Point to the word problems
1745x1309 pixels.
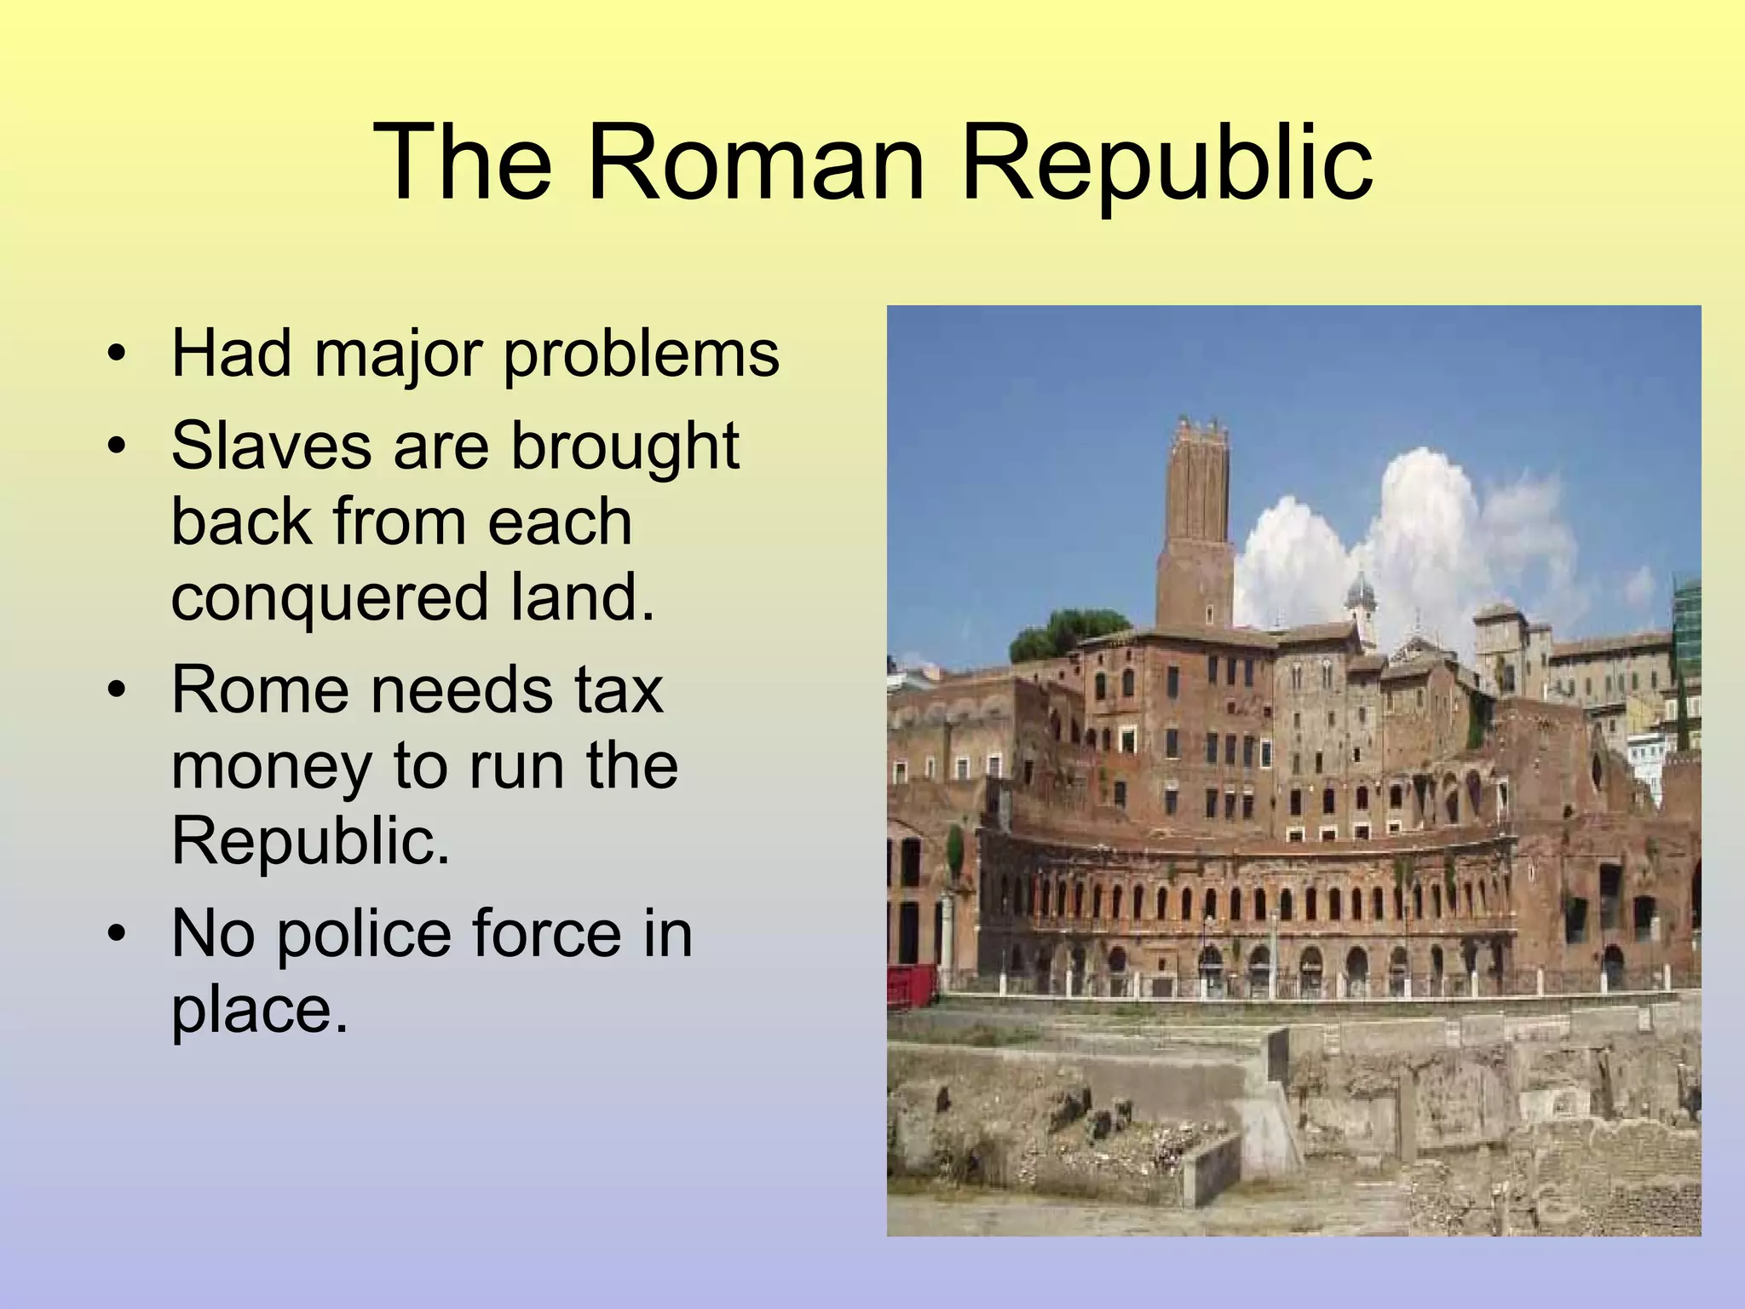coord(641,355)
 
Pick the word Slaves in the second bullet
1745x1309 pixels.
coord(271,446)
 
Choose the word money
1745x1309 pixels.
coord(271,765)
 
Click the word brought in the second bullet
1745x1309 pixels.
coord(625,446)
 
